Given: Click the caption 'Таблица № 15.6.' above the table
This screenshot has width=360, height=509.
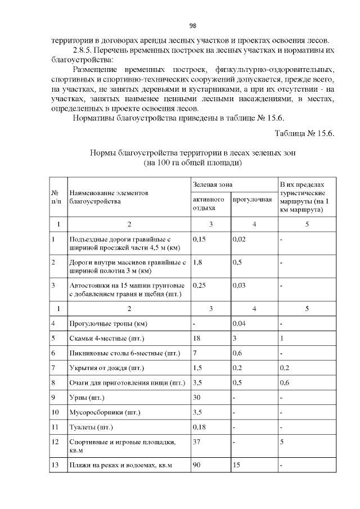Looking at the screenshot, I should point(304,133).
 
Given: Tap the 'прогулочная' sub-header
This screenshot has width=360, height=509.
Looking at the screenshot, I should point(252,199).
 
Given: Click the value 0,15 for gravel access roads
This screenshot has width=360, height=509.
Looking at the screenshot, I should point(199,238).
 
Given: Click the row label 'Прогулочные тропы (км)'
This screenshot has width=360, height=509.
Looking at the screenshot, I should point(108,324).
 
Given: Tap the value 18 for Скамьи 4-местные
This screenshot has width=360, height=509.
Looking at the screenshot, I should point(196,339).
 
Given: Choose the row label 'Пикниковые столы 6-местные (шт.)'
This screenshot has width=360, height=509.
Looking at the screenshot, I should point(124,353).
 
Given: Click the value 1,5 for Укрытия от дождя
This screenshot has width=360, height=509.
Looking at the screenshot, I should point(197,368).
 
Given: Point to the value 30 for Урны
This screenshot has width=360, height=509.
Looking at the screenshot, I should point(196,398).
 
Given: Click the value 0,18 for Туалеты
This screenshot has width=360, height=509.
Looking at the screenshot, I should point(199,427).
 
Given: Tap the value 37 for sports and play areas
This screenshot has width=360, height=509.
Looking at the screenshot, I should point(196,442).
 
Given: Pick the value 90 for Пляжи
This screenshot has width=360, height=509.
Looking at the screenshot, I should point(196,465).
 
